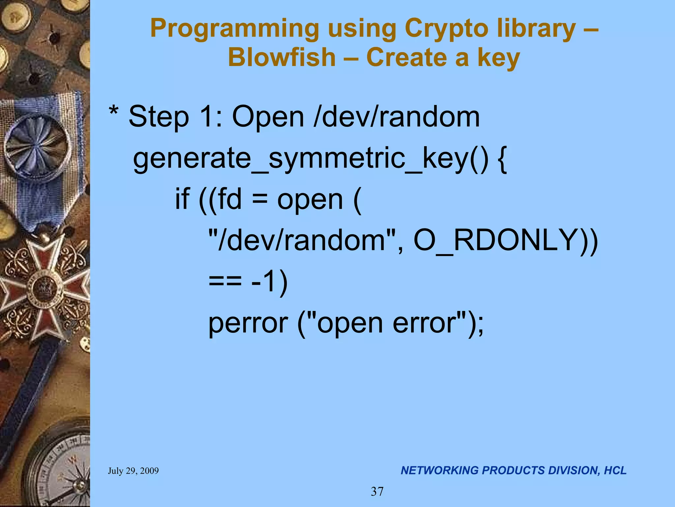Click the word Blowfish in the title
click(281, 57)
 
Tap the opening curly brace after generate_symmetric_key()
click(502, 159)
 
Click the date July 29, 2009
click(133, 471)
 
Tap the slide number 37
click(377, 491)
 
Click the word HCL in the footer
click(615, 470)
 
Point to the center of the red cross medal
click(44, 288)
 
